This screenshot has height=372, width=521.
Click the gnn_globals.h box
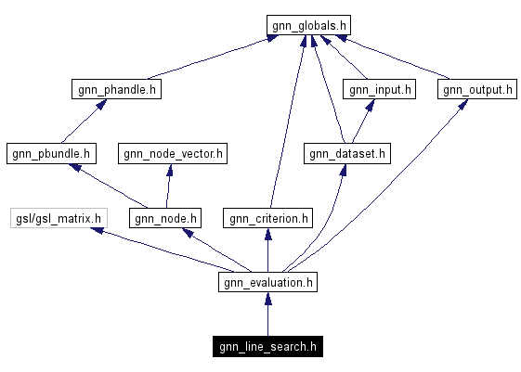pos(308,25)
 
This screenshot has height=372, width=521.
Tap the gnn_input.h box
pos(379,90)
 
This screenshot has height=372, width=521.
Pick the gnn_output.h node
pos(476,90)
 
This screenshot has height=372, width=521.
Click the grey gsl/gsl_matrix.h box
pos(58,219)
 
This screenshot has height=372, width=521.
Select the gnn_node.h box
pos(164,219)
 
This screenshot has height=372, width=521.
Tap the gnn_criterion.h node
pos(267,219)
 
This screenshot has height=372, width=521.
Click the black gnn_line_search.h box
pos(267,348)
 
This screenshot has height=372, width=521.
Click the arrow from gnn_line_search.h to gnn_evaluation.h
pos(267,315)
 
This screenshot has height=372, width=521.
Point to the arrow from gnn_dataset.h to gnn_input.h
pos(362,122)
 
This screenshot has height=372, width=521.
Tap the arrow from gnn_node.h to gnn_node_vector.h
pos(168,186)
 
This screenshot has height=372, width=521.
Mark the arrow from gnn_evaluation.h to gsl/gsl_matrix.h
pos(158,250)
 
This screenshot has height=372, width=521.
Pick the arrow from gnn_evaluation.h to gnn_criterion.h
pos(267,250)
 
